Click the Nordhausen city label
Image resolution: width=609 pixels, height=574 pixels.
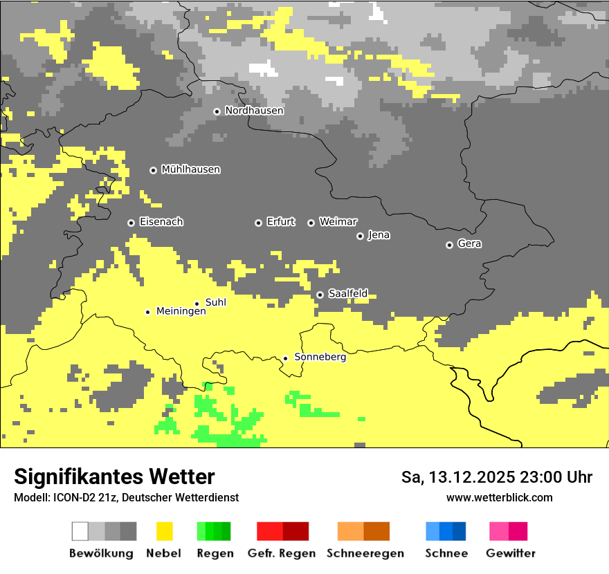click(254, 111)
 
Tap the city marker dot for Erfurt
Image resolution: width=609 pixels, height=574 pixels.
click(258, 223)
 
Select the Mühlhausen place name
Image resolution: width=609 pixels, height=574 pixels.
click(190, 169)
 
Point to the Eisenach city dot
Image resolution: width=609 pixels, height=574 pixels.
click(131, 223)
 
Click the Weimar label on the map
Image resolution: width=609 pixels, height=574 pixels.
click(338, 222)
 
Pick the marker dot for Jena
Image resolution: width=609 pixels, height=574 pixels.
click(360, 236)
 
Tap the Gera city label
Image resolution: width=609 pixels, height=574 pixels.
click(469, 244)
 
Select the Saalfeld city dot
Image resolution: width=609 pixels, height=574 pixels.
click(320, 295)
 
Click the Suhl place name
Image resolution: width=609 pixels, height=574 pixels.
click(216, 302)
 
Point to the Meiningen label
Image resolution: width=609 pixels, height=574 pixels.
click(181, 312)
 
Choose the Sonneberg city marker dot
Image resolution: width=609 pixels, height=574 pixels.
click(285, 358)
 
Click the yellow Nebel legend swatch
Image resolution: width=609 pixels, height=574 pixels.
click(164, 531)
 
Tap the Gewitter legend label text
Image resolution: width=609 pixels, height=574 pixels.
click(510, 553)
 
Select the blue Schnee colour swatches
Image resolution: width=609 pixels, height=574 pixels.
click(446, 531)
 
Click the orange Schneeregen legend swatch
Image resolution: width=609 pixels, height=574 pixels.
click(364, 531)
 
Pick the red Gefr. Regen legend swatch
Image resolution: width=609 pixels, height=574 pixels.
click(282, 531)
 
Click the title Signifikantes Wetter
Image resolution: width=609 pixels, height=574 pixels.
click(114, 476)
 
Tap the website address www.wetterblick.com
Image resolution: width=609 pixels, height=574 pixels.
click(499, 498)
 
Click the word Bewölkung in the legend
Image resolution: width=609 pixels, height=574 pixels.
click(101, 553)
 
